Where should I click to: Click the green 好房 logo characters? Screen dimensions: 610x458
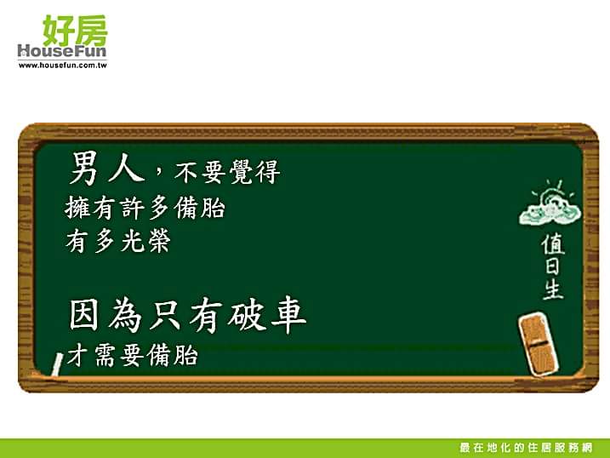pyautogui.click(x=75, y=31)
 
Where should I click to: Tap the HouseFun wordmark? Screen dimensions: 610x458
pyautogui.click(x=62, y=51)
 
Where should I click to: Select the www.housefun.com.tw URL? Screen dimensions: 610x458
pyautogui.click(x=62, y=66)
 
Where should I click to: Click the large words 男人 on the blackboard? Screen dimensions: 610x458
pyautogui.click(x=107, y=169)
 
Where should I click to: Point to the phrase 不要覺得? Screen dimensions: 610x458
pyautogui.click(x=227, y=172)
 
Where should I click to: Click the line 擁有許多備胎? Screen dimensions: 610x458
pyautogui.click(x=145, y=208)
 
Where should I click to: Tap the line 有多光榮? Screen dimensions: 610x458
pyautogui.click(x=118, y=241)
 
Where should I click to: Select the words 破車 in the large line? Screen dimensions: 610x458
pyautogui.click(x=267, y=315)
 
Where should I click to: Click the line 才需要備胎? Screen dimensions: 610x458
pyautogui.click(x=133, y=354)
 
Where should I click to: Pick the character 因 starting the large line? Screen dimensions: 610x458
pyautogui.click(x=84, y=316)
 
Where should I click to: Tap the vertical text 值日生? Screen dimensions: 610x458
pyautogui.click(x=553, y=266)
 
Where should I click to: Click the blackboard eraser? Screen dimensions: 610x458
pyautogui.click(x=539, y=344)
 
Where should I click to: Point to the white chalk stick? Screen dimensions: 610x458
pyautogui.click(x=58, y=364)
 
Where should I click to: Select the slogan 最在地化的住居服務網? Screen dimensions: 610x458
pyautogui.click(x=526, y=448)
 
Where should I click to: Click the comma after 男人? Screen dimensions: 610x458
pyautogui.click(x=158, y=171)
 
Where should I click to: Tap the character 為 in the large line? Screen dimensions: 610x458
pyautogui.click(x=124, y=316)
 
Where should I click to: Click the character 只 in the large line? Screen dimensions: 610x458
pyautogui.click(x=165, y=316)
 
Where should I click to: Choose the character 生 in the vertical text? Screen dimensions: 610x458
pyautogui.click(x=553, y=289)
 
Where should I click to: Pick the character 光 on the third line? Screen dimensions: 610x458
pyautogui.click(x=132, y=241)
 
